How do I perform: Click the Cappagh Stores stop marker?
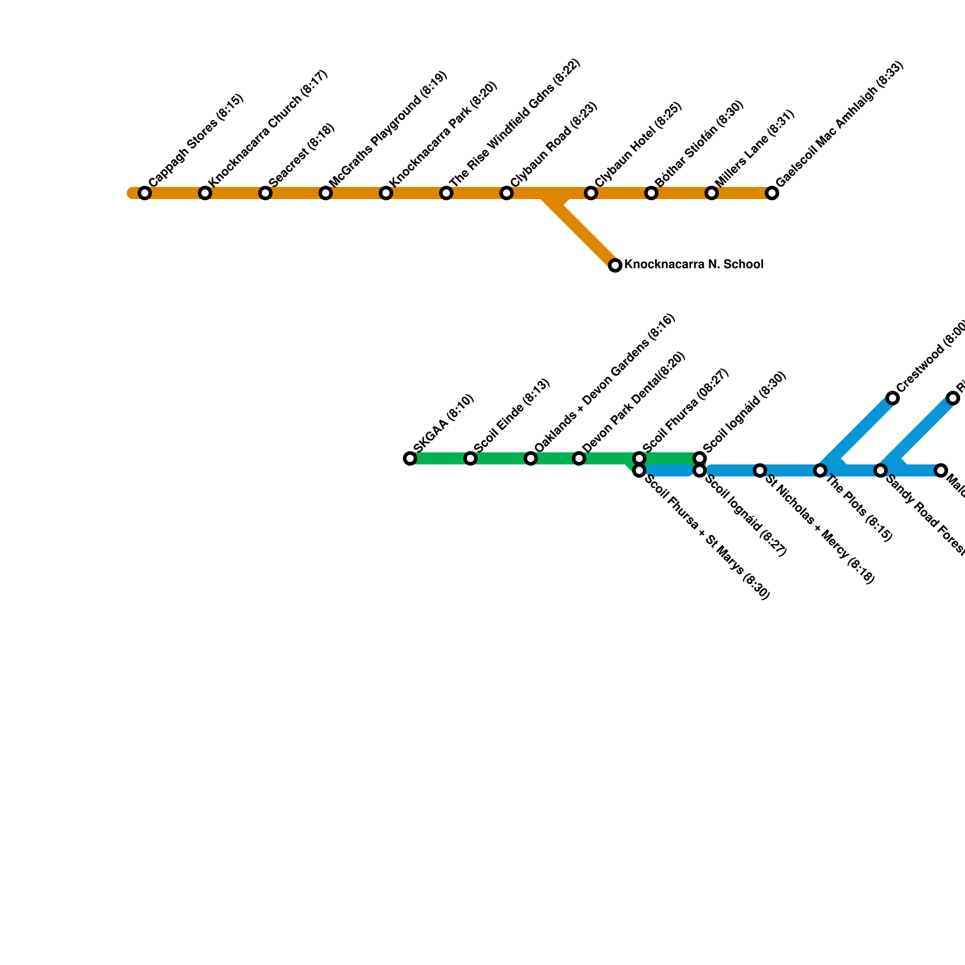[145, 193]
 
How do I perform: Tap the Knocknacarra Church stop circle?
[205, 193]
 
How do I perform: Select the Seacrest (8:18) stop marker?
[265, 193]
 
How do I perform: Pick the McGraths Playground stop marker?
[326, 193]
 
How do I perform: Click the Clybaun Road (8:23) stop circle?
[507, 193]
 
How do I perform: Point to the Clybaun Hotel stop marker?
[591, 193]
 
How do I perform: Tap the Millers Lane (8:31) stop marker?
[712, 193]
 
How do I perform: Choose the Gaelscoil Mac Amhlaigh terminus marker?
[772, 193]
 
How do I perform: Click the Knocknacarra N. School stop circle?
[615, 265]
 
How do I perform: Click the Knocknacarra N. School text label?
[694, 264]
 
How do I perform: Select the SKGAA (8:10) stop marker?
[410, 458]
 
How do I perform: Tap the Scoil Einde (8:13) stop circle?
[470, 458]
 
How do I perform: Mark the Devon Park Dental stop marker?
[579, 458]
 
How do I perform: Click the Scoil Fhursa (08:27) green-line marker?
[639, 458]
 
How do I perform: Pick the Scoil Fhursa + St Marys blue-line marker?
[639, 470]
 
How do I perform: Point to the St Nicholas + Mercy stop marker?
[760, 470]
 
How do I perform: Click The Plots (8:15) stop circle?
[820, 470]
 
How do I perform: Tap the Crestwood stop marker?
[893, 398]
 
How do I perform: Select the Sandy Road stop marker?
[881, 470]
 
